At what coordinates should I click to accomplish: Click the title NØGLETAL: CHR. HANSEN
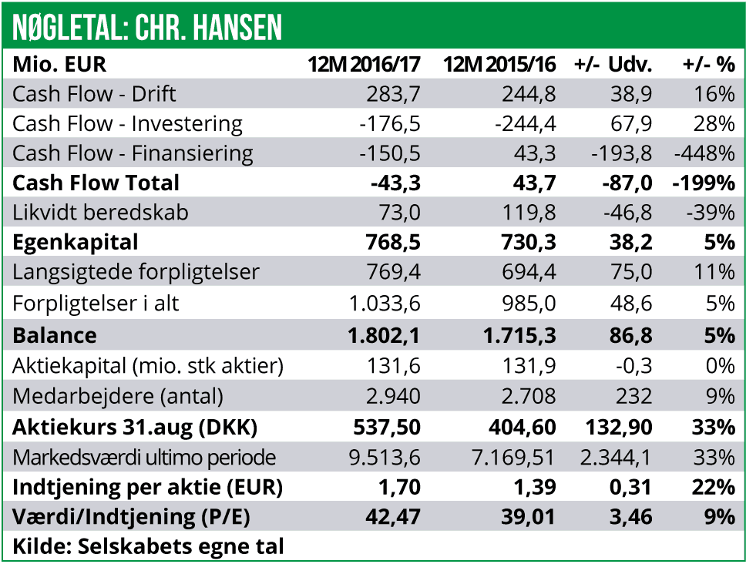pos(147,28)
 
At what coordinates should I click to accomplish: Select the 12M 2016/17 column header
pos(364,65)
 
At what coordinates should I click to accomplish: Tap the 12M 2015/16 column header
pos(499,65)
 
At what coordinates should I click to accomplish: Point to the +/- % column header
pos(708,65)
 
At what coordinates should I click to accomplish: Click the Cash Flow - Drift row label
pos(94,94)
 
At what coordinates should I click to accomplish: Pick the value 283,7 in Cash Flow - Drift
pos(396,94)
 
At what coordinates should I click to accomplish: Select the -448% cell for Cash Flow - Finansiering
pos(704,153)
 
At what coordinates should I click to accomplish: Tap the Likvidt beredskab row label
pos(100,213)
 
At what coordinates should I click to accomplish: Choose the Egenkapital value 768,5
pos(393,243)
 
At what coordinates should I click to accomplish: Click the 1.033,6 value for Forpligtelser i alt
pos(383,303)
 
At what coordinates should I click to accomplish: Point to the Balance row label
pos(55,335)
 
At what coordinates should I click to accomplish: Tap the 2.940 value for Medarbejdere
pos(393,396)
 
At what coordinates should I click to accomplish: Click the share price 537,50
pos(386,426)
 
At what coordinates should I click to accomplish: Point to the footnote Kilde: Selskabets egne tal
pos(148,547)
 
